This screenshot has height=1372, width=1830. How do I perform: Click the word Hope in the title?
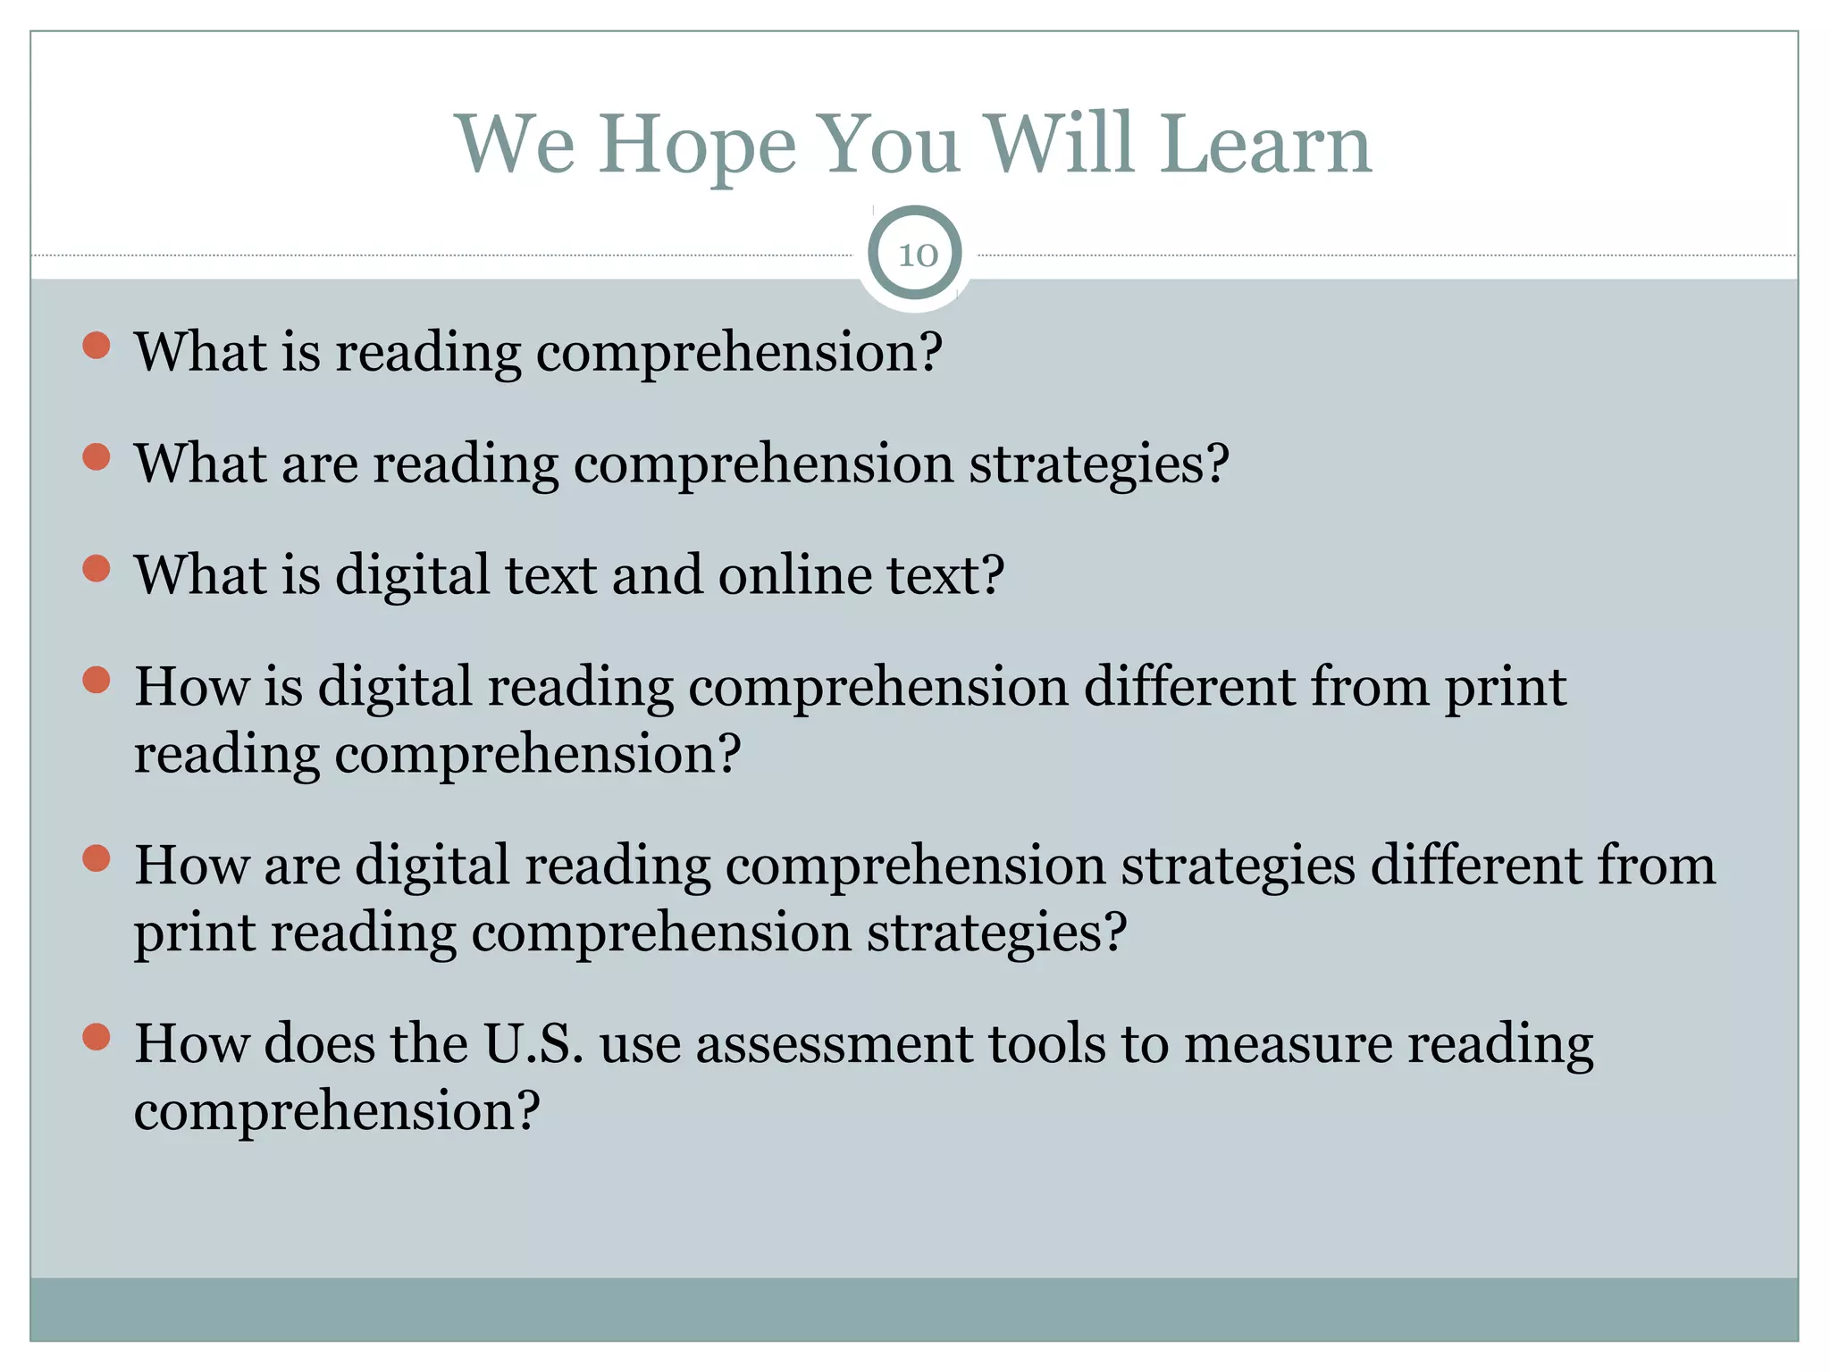(x=696, y=145)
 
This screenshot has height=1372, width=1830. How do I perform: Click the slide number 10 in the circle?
(x=917, y=255)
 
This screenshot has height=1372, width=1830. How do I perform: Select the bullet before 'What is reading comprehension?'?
(x=97, y=346)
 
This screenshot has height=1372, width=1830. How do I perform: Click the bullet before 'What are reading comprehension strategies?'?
(x=97, y=457)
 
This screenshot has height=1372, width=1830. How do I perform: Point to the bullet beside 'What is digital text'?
(x=97, y=569)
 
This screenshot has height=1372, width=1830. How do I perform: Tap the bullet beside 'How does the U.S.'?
(x=97, y=1037)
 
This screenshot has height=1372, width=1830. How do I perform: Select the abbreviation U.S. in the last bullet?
(x=533, y=1043)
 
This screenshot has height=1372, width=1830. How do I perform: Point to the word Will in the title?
(x=1060, y=145)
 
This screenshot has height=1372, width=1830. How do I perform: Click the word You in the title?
(x=889, y=145)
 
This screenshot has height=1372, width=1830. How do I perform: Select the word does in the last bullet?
(x=319, y=1043)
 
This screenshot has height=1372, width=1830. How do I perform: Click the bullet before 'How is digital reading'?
(x=97, y=681)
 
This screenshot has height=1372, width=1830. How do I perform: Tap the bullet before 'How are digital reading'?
(x=97, y=859)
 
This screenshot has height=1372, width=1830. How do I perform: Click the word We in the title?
(x=516, y=145)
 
